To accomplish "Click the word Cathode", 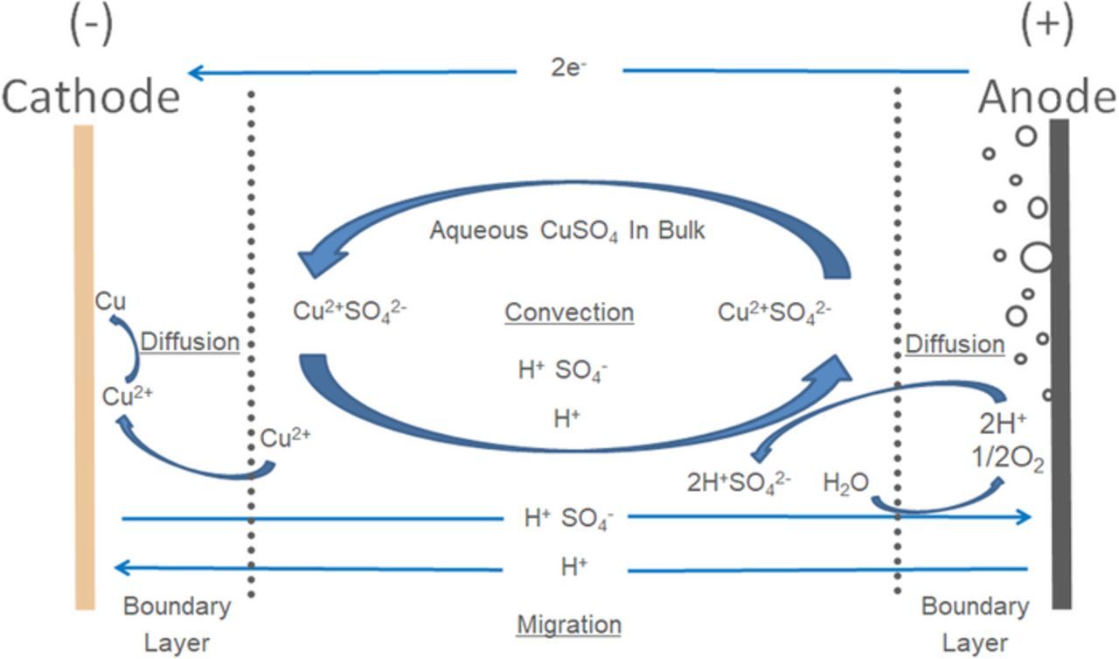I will point(91,96).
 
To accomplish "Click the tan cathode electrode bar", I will point(85,368).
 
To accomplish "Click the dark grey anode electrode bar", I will point(1060,368).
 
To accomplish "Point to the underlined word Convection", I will point(569,312).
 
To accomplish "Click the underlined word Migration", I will point(569,625).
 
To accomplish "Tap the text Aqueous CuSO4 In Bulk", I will point(567,232).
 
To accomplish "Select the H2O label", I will point(845,481).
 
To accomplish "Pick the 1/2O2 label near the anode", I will point(1011,462).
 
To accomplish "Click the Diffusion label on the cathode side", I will point(190,341).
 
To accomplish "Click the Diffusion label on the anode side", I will point(955,344).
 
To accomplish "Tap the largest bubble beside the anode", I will point(1037,257).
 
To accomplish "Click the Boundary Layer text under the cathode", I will point(177,625).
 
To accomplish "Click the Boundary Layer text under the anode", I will point(975,625).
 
